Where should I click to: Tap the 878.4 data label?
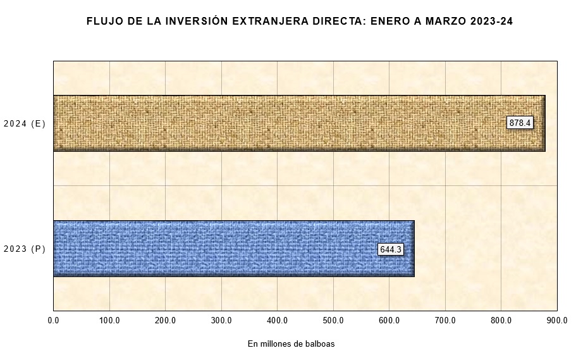tap(520, 123)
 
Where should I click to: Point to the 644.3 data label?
tap(390, 249)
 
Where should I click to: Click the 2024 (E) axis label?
tap(25, 124)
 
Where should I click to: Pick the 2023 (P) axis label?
tap(25, 249)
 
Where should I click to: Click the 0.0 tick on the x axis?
tap(54, 320)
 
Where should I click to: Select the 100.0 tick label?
tap(109, 320)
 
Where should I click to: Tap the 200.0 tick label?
tap(166, 320)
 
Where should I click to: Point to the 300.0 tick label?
tap(221, 320)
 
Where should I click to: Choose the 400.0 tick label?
tap(278, 320)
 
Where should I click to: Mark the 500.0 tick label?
tap(333, 320)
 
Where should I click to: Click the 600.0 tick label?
tap(389, 320)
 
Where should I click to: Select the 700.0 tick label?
tap(445, 320)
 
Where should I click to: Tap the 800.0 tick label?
tap(501, 320)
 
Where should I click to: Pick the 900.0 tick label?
tap(556, 320)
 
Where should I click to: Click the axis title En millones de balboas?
tap(291, 344)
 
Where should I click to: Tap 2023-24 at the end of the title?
tap(492, 22)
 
